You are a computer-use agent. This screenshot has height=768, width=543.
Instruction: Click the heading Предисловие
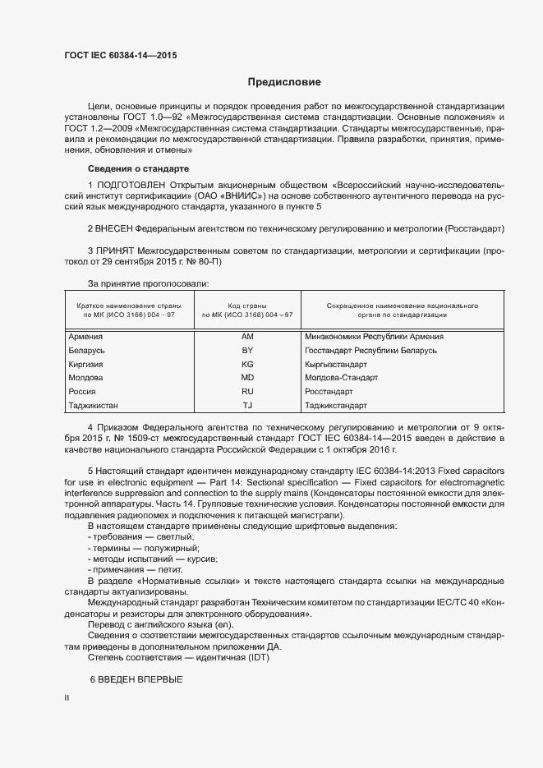[284, 82]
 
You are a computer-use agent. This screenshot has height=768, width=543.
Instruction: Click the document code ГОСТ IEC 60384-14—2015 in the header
[120, 56]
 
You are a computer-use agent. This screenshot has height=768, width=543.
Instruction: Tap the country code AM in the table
[247, 337]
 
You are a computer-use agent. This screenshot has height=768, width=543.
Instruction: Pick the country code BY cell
[247, 351]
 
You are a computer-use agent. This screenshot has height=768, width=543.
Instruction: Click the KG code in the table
[247, 364]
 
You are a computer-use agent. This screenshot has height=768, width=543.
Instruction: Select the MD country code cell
[247, 378]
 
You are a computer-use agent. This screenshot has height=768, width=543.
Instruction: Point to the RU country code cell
[247, 392]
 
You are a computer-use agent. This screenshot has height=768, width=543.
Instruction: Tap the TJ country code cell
[247, 406]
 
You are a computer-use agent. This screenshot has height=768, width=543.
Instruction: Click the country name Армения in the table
[86, 337]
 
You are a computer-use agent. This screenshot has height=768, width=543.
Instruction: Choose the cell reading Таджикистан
[94, 406]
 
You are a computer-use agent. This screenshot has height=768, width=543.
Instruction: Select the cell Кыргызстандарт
[335, 364]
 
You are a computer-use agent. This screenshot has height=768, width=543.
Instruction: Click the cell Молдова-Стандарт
[341, 378]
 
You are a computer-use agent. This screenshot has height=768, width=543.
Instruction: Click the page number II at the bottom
[67, 697]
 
